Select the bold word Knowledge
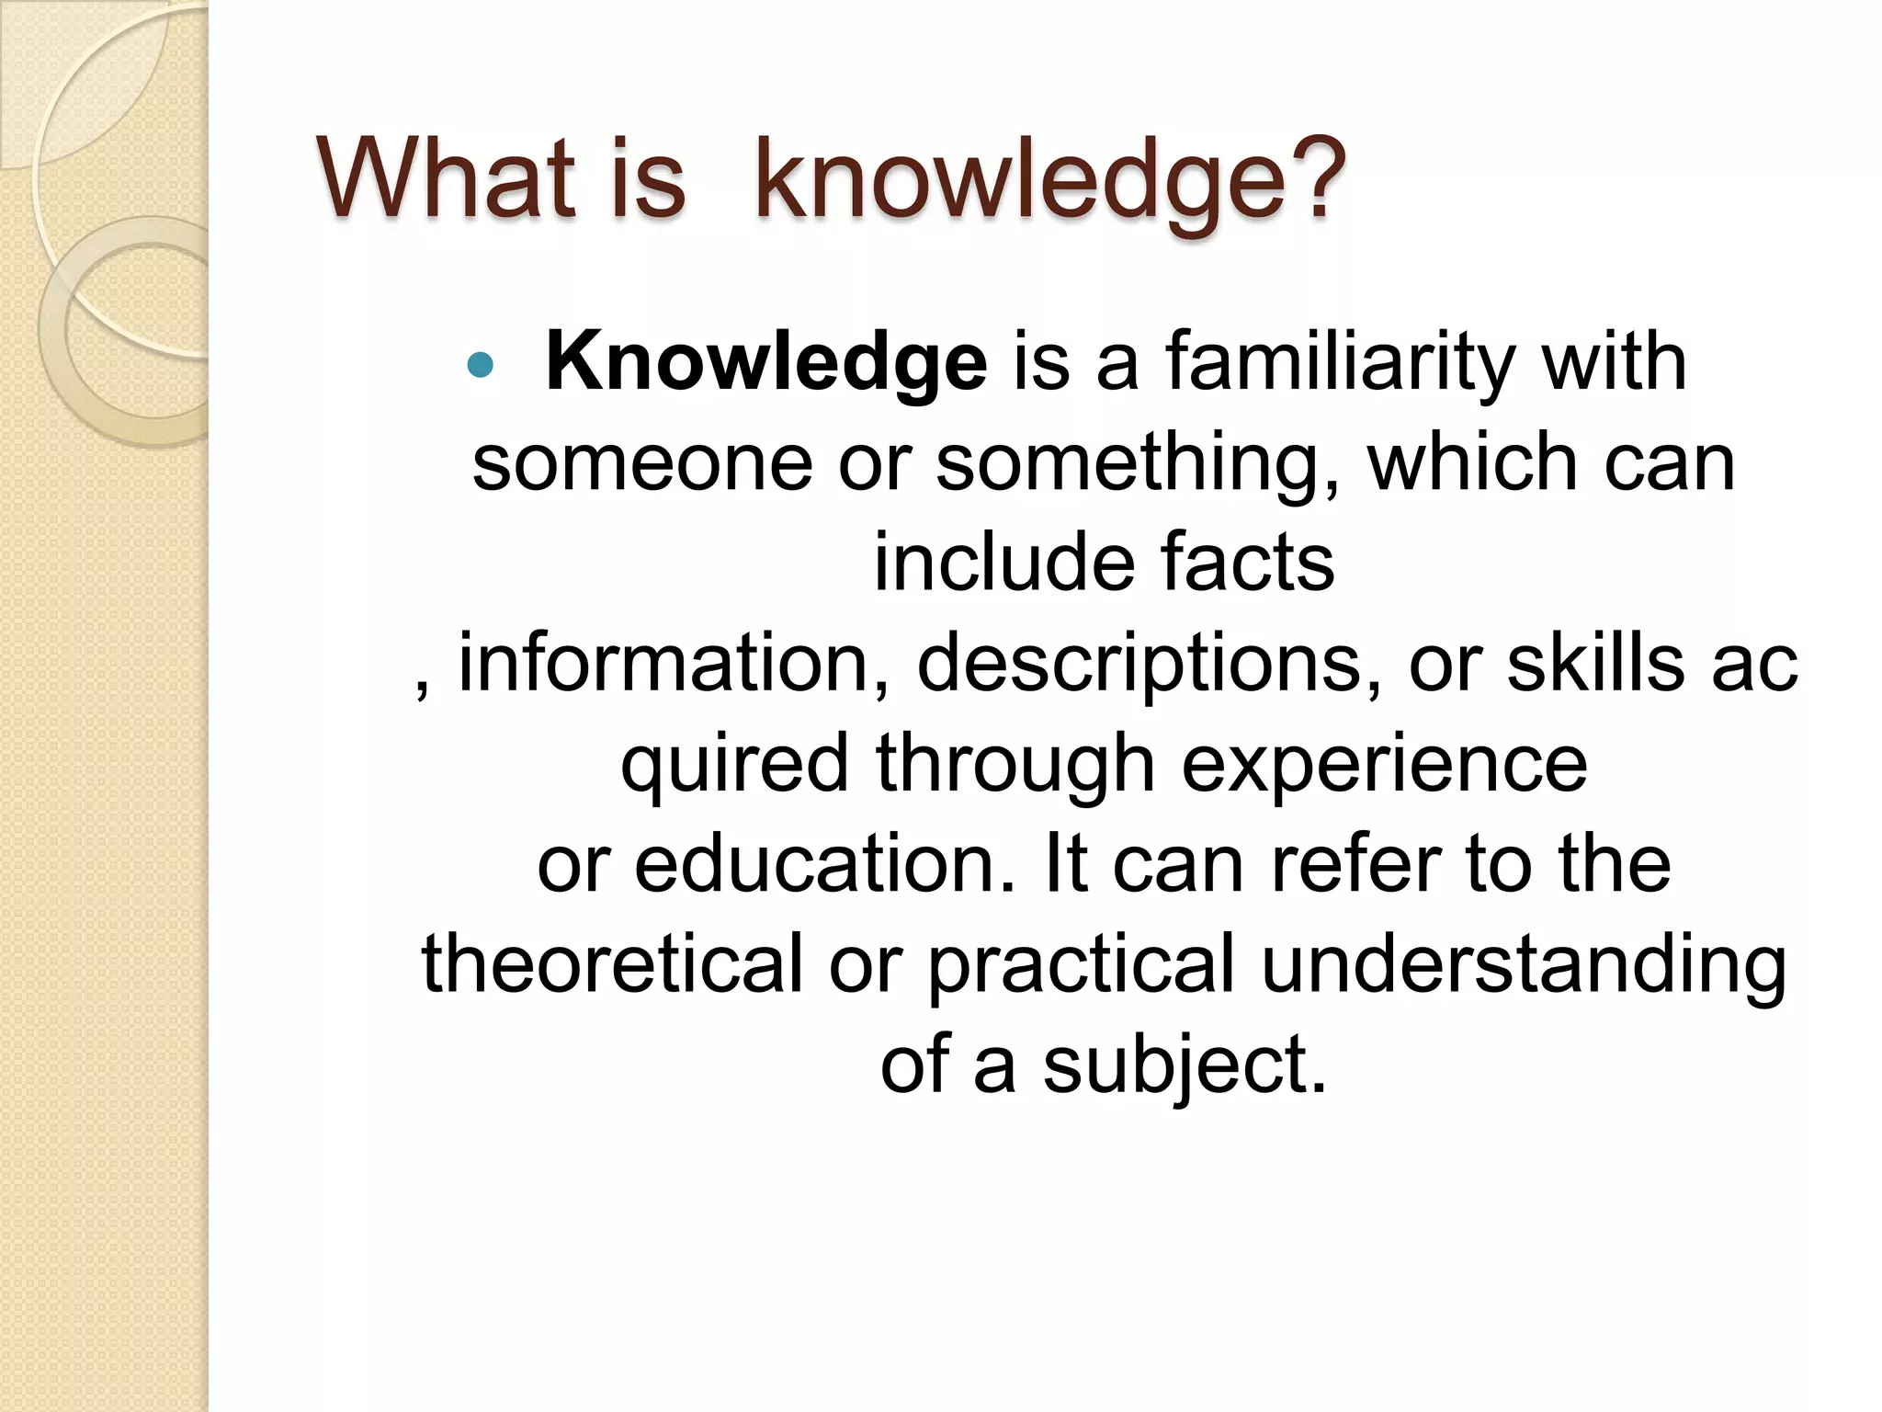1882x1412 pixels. click(x=766, y=363)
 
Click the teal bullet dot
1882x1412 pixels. click(x=480, y=366)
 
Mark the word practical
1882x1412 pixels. click(x=1081, y=966)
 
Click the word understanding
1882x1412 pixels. click(x=1524, y=966)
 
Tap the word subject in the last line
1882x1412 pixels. click(x=1185, y=1066)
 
